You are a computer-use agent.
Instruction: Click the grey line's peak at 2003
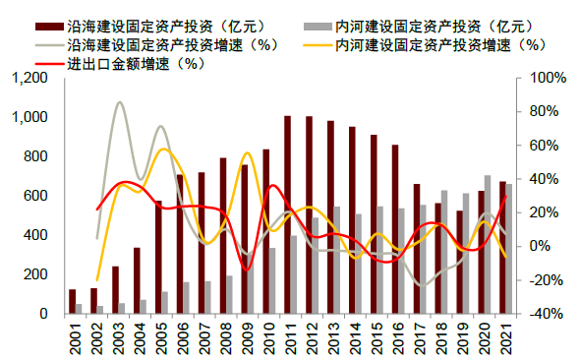tap(119, 101)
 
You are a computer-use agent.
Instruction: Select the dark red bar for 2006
tap(180, 244)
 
